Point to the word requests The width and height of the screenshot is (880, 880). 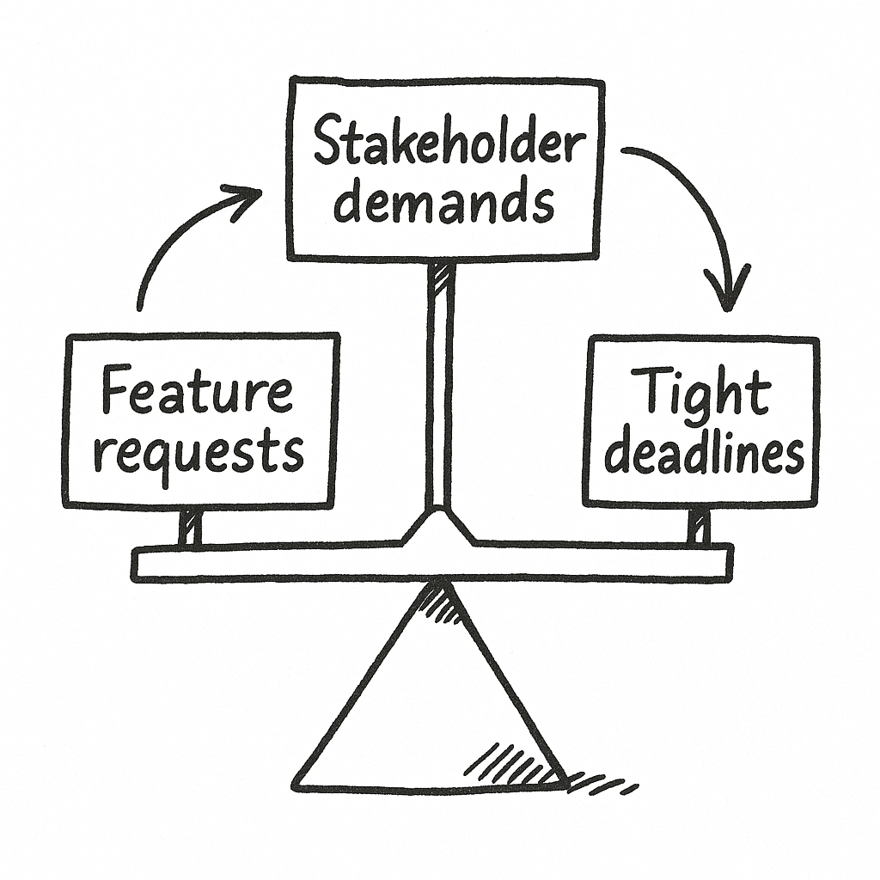[x=199, y=450]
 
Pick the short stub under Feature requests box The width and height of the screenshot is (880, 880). [x=190, y=525]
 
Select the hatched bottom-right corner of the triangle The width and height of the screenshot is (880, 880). [x=537, y=769]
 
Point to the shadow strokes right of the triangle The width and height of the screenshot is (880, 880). [x=602, y=784]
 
